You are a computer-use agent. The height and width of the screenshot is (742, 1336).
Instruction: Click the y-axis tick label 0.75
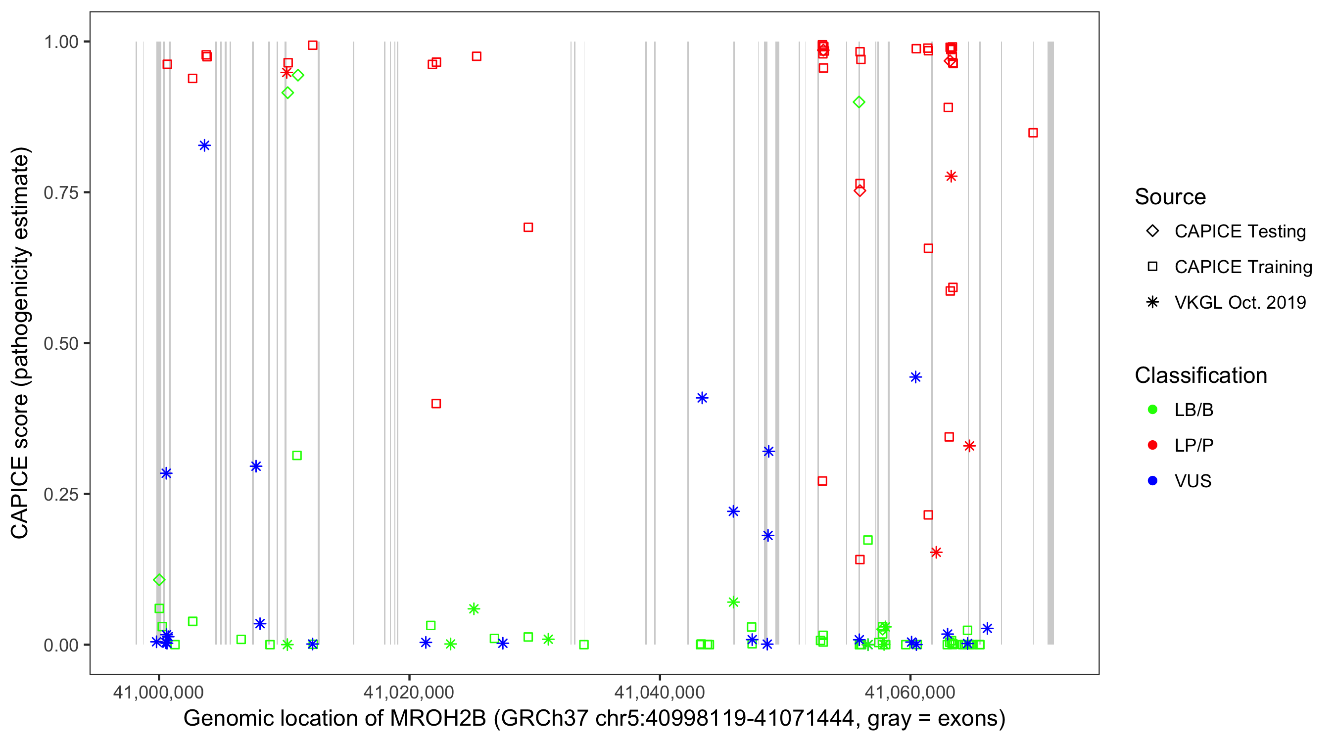coord(60,193)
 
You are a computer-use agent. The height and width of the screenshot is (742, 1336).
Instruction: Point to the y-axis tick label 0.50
coord(60,344)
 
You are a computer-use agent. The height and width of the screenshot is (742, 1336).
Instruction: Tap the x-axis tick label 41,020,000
coord(409,692)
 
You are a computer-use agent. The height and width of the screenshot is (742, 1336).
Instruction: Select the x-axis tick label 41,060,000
coord(910,692)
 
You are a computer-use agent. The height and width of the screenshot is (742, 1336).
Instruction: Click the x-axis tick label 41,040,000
coord(659,692)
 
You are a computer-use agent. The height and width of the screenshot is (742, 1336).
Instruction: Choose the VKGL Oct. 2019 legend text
coord(1240,303)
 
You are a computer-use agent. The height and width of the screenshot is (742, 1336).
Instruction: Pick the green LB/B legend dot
coord(1152,410)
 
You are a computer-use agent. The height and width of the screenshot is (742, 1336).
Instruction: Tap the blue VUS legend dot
coord(1152,481)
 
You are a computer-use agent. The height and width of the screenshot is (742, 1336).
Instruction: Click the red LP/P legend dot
coord(1152,445)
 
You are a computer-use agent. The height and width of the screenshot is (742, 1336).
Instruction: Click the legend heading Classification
coord(1200,375)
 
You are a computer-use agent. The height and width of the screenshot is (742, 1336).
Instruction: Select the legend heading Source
coord(1170,197)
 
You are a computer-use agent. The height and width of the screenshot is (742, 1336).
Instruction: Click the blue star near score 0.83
coord(204,146)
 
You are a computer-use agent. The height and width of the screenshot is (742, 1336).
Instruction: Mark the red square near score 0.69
coord(528,228)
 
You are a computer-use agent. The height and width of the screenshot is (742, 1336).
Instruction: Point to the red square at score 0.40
coord(436,404)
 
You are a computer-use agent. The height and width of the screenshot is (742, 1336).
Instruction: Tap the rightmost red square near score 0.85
coord(1033,133)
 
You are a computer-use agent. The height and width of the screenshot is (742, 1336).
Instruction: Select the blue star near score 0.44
coord(915,377)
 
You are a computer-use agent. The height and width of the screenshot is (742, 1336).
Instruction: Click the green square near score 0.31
coord(297,456)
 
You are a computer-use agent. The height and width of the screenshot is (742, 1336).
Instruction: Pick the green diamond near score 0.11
coord(159,580)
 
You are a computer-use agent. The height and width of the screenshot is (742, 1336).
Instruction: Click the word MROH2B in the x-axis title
coord(438,719)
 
